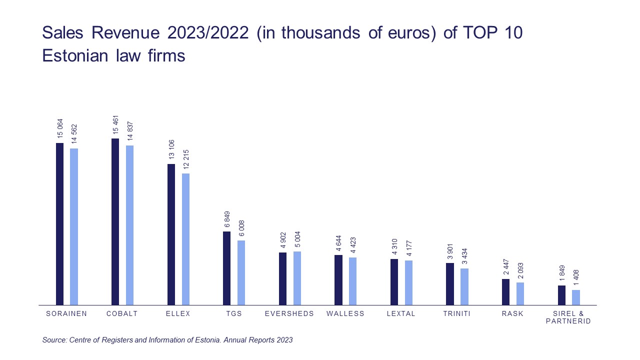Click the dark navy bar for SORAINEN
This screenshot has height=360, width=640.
coord(59,224)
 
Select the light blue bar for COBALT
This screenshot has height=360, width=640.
coord(129,225)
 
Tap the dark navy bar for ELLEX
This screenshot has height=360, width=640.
coord(171,234)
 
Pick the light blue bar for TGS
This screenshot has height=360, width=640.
coord(241,272)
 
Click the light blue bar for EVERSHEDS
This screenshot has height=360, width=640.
coord(297,278)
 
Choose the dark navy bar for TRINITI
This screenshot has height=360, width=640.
coord(450,284)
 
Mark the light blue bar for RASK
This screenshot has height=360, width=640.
coord(520,293)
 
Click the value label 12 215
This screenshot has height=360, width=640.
coord(185,160)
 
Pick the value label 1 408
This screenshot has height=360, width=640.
coord(576,277)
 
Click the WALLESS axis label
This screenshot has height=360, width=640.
coord(345,314)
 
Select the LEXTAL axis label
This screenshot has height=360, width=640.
coord(401,314)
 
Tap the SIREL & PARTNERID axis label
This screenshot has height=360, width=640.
coord(568,317)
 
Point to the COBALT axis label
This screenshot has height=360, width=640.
coord(122,314)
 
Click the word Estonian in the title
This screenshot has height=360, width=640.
coord(75,55)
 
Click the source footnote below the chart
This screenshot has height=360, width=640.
coord(167,340)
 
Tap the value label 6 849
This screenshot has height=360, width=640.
coord(227,218)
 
